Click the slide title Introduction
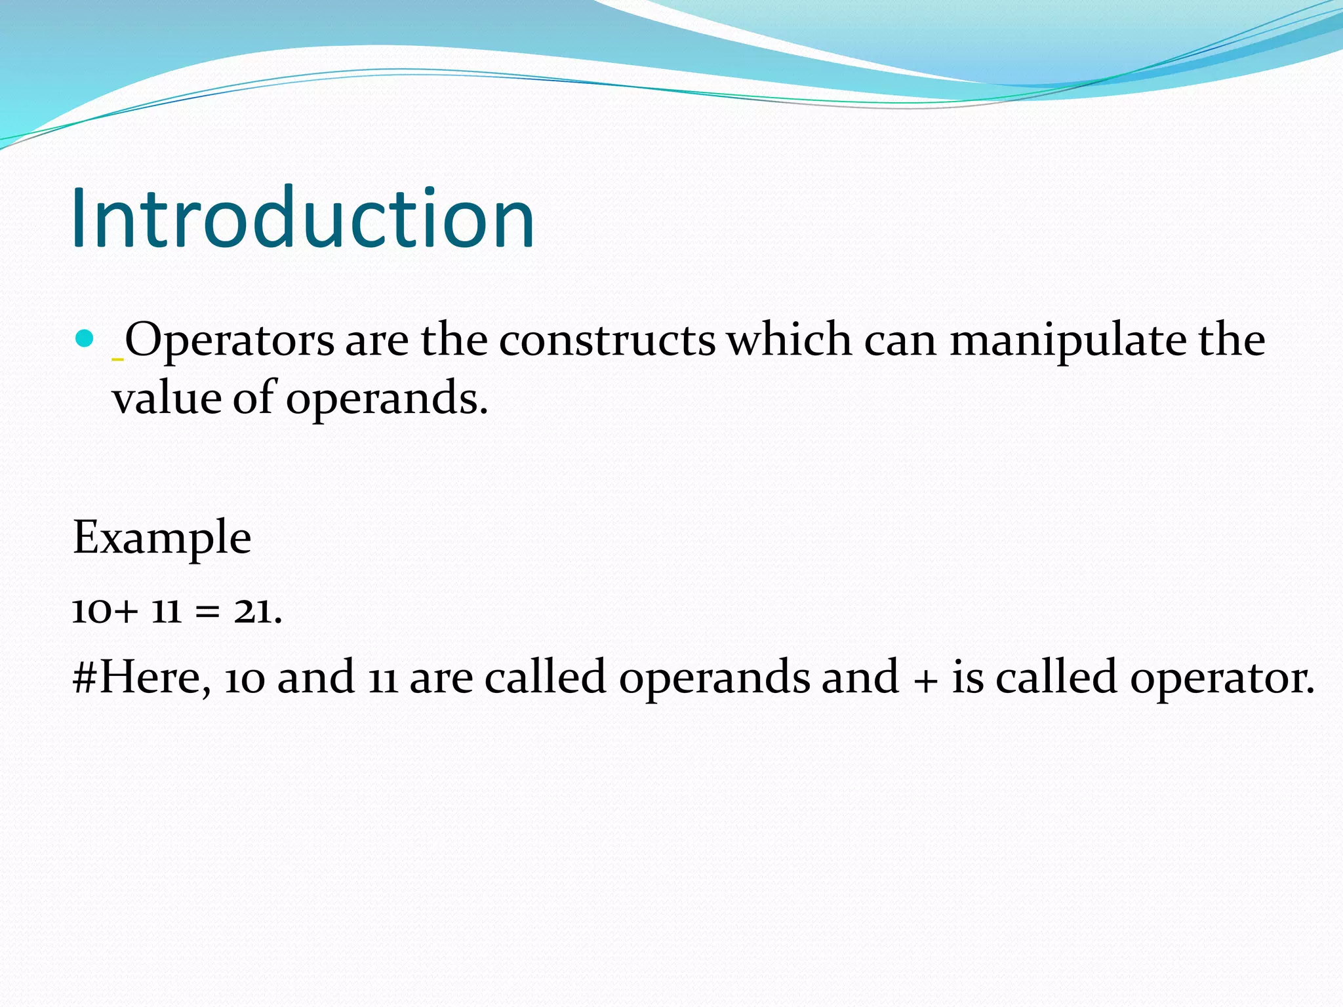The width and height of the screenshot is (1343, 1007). pyautogui.click(x=303, y=218)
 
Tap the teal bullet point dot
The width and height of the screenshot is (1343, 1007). pyautogui.click(x=85, y=338)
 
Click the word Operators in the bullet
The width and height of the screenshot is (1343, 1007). pyautogui.click(x=230, y=341)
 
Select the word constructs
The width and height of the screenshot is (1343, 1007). pyautogui.click(x=607, y=341)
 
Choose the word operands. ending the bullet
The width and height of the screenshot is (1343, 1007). pyautogui.click(x=387, y=399)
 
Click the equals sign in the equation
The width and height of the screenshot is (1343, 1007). pyautogui.click(x=206, y=612)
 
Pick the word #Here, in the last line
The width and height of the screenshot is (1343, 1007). pyautogui.click(x=141, y=678)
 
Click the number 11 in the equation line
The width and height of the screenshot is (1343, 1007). pyautogui.click(x=166, y=611)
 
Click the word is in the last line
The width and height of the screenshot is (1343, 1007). pyautogui.click(x=967, y=678)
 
